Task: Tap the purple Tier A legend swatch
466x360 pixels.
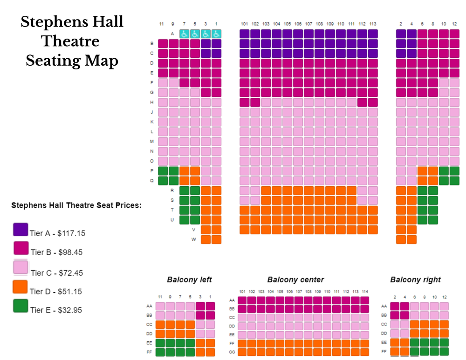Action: click(x=21, y=230)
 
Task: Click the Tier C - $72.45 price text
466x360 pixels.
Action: click(x=56, y=273)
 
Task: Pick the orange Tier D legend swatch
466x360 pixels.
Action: click(x=21, y=287)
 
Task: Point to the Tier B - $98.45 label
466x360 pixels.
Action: click(x=56, y=252)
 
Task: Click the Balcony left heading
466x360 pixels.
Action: click(x=189, y=280)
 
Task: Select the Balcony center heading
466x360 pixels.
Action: click(x=295, y=280)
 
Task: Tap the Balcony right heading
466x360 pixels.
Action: click(x=415, y=280)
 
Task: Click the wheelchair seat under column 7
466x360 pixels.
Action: click(x=184, y=34)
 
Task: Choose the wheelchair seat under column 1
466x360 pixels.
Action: click(x=216, y=34)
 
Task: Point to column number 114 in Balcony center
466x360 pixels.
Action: click(x=364, y=292)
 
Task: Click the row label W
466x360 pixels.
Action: click(x=193, y=239)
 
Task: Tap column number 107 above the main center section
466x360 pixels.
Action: click(x=308, y=24)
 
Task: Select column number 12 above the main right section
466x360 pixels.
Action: click(x=454, y=24)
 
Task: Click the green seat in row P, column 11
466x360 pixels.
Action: click(x=163, y=171)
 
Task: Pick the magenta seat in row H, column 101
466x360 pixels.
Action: click(x=244, y=102)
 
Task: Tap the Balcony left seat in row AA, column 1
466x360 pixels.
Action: click(x=211, y=306)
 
